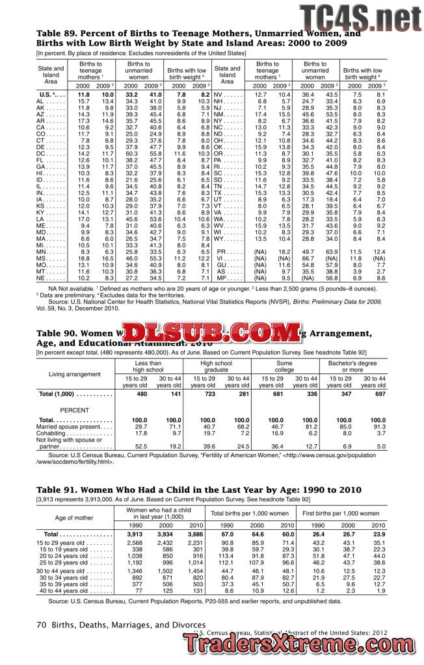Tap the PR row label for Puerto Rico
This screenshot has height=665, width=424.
coord(220,251)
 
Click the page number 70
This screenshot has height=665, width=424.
coord(41,625)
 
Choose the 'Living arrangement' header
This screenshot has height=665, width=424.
coord(74,373)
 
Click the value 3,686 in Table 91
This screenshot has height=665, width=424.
coord(194,533)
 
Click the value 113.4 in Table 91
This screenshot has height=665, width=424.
coord(227,555)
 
